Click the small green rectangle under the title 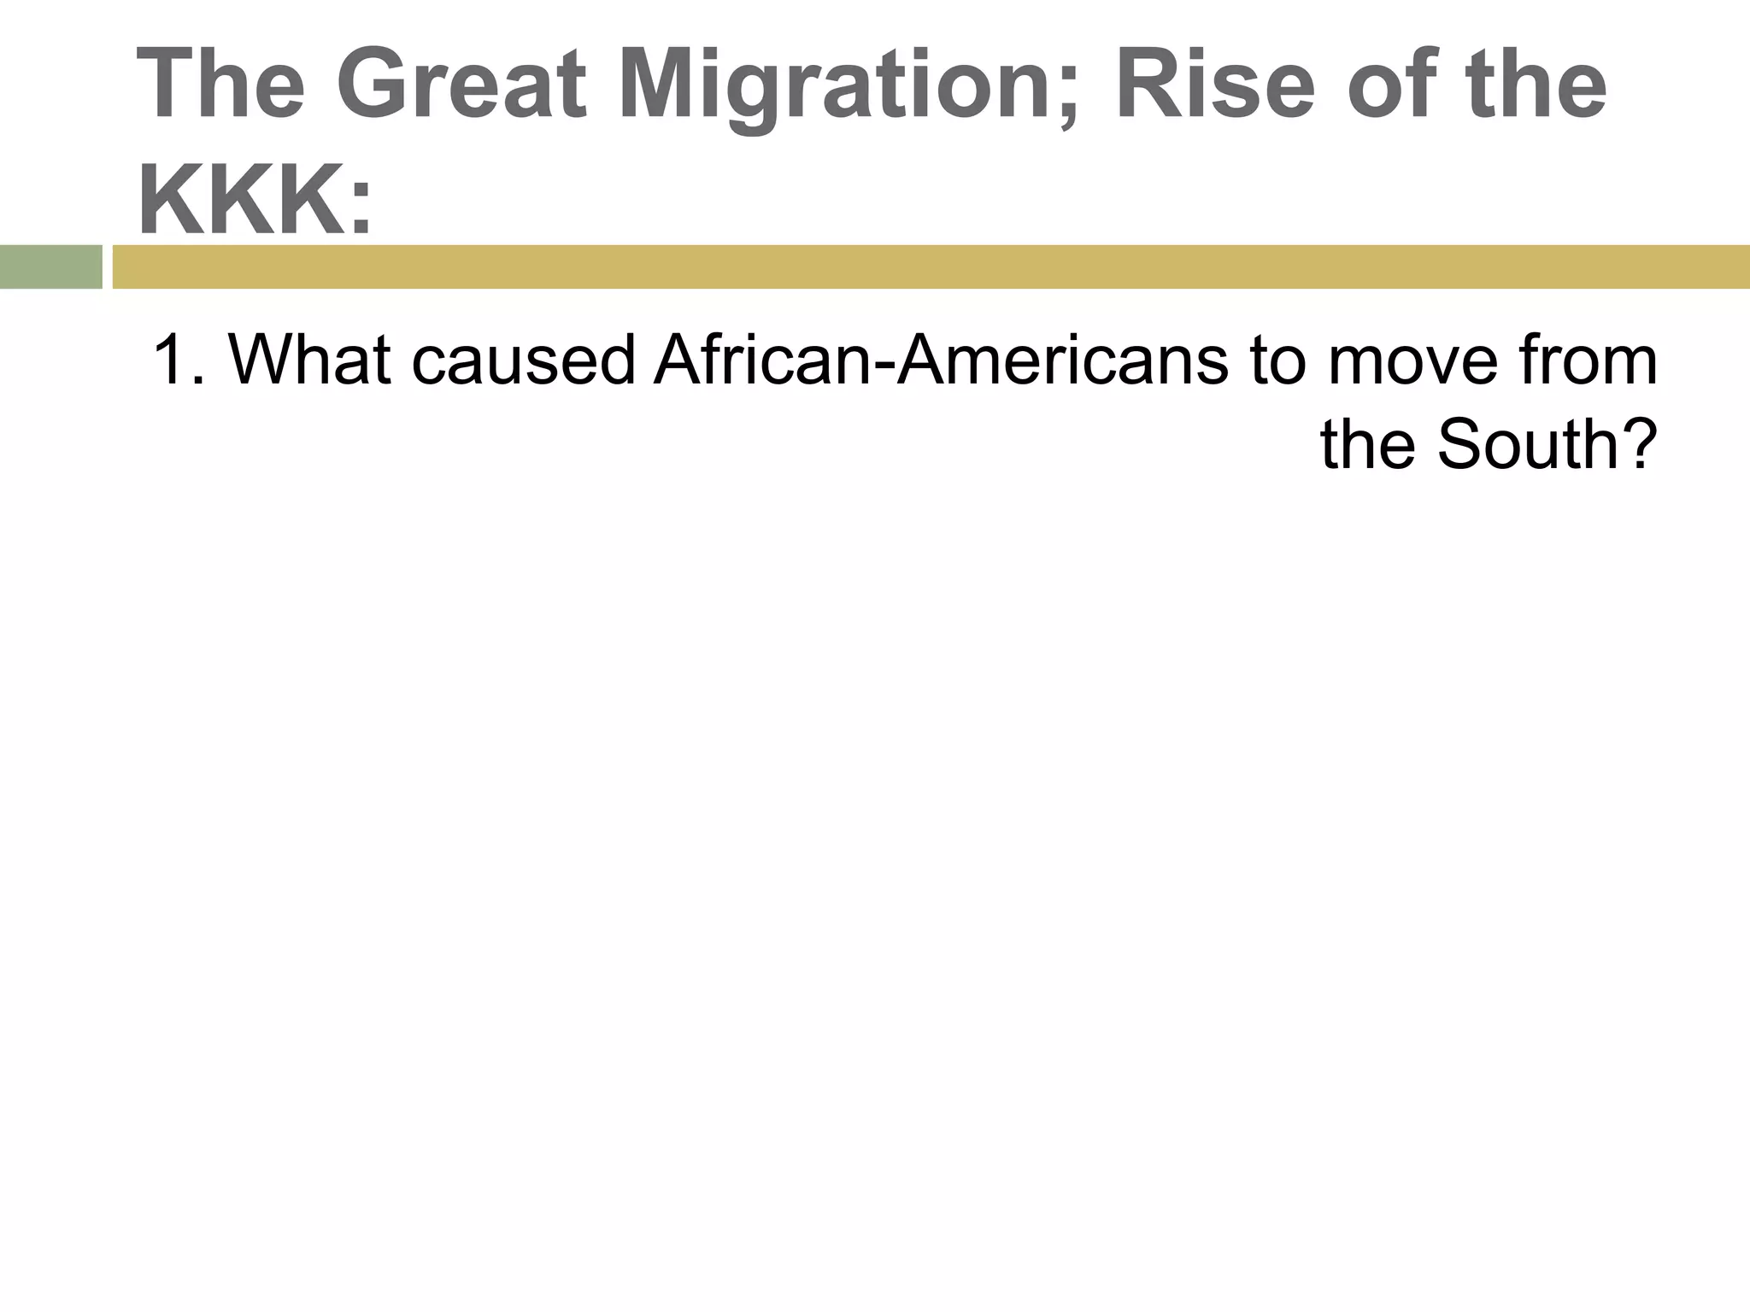pos(51,266)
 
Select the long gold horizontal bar pos(931,266)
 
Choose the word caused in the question pos(523,360)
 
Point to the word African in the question pos(760,360)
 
